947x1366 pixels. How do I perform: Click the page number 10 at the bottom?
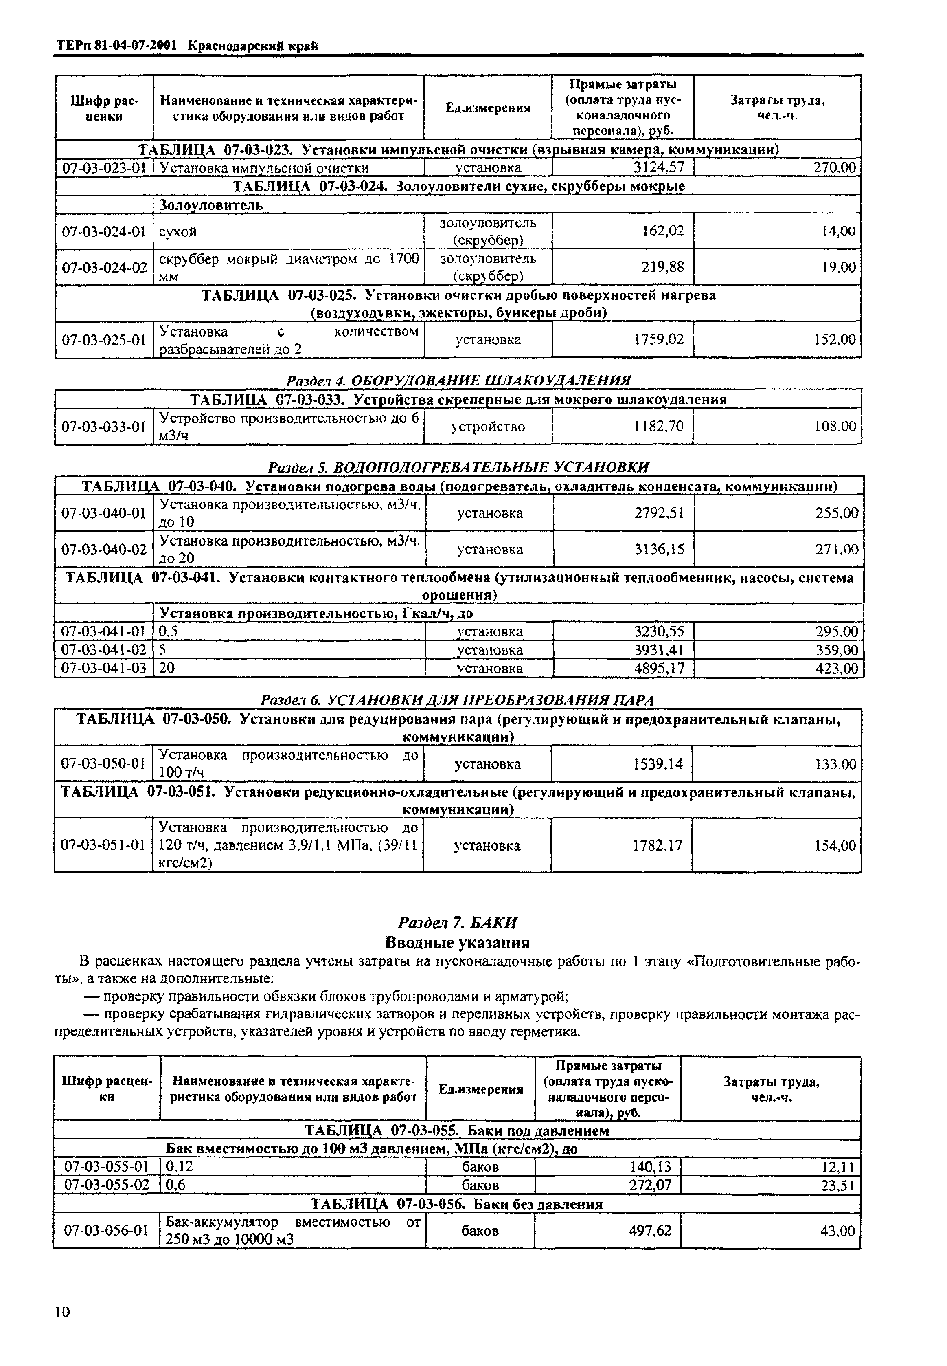(x=63, y=1311)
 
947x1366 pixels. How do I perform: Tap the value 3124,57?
(x=659, y=168)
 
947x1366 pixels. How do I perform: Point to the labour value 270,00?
(x=834, y=168)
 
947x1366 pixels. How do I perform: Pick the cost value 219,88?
(x=663, y=267)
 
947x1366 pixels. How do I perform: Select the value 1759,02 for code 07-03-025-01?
(x=659, y=340)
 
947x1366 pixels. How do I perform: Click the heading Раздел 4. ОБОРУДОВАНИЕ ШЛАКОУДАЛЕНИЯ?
(x=459, y=380)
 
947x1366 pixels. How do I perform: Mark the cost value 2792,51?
(x=659, y=513)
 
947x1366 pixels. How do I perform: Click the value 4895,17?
(x=659, y=669)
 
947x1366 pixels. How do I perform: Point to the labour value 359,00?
(x=837, y=650)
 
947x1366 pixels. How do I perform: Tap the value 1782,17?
(x=659, y=845)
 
